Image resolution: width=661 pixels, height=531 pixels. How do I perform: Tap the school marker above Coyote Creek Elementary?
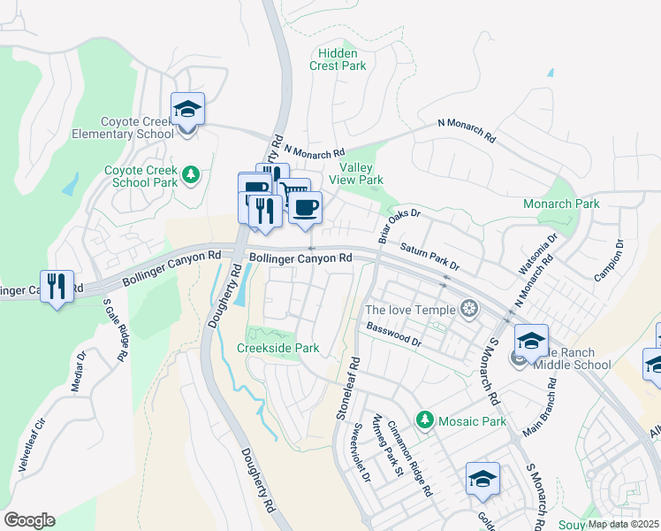(187, 111)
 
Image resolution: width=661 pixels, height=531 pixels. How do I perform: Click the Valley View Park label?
(355, 173)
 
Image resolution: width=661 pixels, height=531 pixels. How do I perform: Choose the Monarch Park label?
(561, 204)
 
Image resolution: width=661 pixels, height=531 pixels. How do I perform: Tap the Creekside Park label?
(278, 348)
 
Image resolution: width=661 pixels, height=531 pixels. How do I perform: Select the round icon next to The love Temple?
(470, 309)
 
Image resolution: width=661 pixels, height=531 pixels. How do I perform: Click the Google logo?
(29, 519)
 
